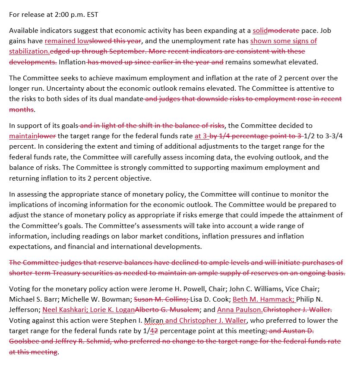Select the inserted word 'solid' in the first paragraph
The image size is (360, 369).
pyautogui.click(x=260, y=31)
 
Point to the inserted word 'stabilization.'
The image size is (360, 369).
pyautogui.click(x=29, y=51)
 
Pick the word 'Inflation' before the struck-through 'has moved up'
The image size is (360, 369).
pyautogui.click(x=72, y=62)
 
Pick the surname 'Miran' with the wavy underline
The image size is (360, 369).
pyautogui.click(x=154, y=320)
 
